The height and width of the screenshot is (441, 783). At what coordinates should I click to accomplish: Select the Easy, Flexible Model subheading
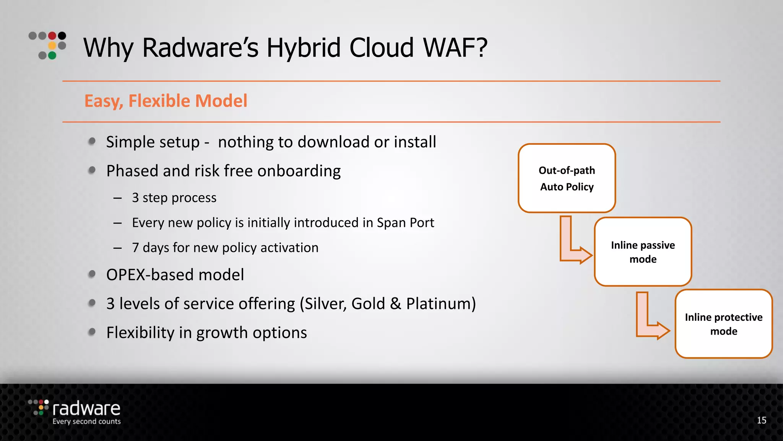(166, 101)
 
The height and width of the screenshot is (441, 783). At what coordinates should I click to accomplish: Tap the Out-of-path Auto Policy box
(567, 178)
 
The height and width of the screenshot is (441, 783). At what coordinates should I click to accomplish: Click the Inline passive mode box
(643, 252)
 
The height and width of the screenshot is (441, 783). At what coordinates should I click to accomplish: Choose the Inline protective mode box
(723, 324)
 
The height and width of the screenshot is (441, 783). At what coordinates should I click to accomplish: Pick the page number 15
(761, 420)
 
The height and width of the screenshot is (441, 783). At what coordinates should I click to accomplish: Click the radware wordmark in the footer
(86, 409)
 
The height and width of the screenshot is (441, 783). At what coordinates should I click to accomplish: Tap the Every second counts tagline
(86, 421)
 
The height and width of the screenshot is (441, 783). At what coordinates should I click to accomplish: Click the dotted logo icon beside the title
(48, 45)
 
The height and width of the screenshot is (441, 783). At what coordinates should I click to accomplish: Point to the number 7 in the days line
(135, 248)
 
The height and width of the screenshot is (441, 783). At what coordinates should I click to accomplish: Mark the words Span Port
(405, 223)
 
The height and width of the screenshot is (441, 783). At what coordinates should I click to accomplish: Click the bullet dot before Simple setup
(92, 142)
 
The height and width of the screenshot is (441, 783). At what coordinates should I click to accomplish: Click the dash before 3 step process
(117, 198)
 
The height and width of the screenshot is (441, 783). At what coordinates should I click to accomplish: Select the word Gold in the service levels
(368, 304)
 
